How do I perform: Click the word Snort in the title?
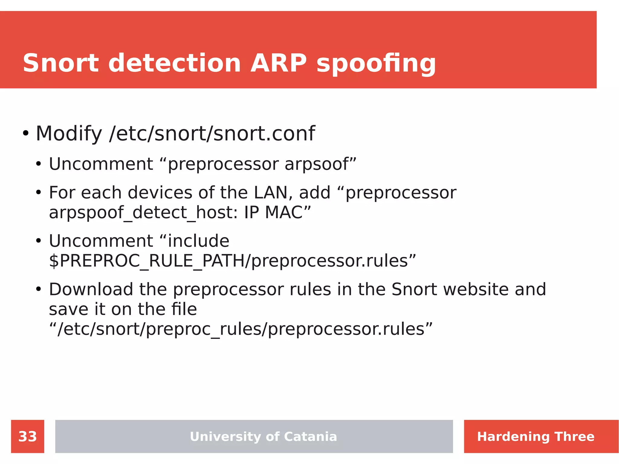pyautogui.click(x=60, y=63)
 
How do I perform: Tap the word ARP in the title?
pyautogui.click(x=278, y=63)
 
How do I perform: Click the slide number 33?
pyautogui.click(x=28, y=436)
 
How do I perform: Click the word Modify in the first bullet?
pyautogui.click(x=69, y=134)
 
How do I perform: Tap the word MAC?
pyautogui.click(x=284, y=212)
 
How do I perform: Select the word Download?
pyautogui.click(x=91, y=289)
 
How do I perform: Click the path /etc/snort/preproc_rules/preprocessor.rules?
pyautogui.click(x=241, y=329)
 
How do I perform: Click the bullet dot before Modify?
pyautogui.click(x=26, y=133)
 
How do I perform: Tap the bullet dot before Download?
pyautogui.click(x=38, y=289)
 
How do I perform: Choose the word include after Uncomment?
pyautogui.click(x=199, y=241)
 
